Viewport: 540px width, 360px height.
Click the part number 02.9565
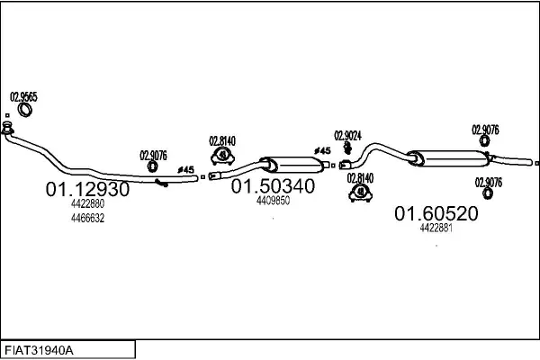[x=23, y=97]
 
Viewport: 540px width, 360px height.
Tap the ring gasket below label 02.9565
[x=25, y=110]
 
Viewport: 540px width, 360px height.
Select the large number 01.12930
[x=87, y=189]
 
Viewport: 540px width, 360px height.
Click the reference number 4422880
[x=87, y=203]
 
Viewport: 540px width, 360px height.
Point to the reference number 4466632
[x=87, y=218]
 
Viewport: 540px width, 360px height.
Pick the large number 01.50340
[x=273, y=186]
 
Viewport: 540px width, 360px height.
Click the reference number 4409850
[x=273, y=200]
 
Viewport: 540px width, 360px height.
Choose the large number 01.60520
[x=436, y=213]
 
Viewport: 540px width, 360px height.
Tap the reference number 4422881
[x=436, y=228]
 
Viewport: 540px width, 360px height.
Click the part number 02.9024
[x=347, y=136]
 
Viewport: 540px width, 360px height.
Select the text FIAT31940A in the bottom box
[x=39, y=351]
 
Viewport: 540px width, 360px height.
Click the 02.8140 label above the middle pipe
[x=222, y=141]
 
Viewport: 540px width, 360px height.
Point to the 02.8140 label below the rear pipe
[x=360, y=178]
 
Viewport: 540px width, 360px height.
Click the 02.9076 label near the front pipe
[x=153, y=156]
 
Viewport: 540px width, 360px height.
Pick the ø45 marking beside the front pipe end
[x=186, y=169]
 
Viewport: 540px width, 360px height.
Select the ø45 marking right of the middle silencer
[x=322, y=150]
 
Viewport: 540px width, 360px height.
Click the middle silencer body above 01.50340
[x=292, y=165]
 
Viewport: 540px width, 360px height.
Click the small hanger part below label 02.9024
[x=347, y=148]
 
